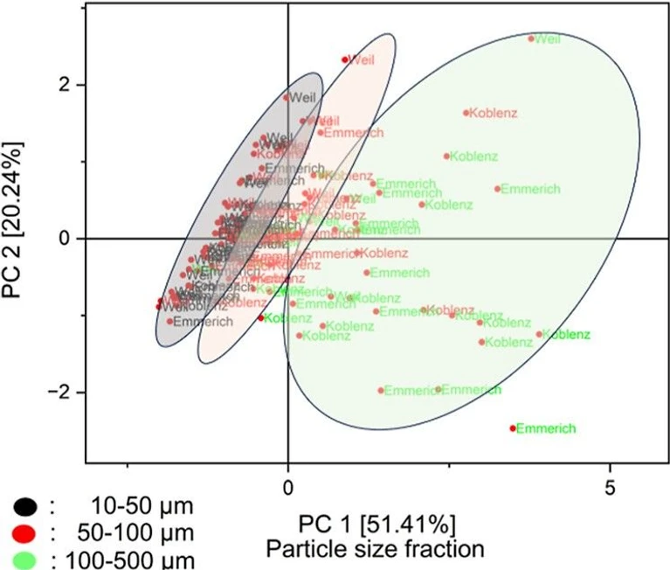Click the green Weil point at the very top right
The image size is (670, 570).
pyautogui.click(x=531, y=38)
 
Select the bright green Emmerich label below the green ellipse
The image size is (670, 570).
pyautogui.click(x=546, y=428)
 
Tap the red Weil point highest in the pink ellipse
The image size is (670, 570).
pyautogui.click(x=345, y=59)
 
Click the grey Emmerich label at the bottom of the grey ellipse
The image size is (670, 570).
pyautogui.click(x=204, y=322)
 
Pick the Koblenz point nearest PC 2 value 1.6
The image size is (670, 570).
pyautogui.click(x=466, y=113)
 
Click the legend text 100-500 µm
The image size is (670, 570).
pyautogui.click(x=130, y=559)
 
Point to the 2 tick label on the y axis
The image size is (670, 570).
pyautogui.click(x=66, y=85)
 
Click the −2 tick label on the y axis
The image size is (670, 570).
pyautogui.click(x=61, y=392)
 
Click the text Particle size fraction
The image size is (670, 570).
pyautogui.click(x=377, y=549)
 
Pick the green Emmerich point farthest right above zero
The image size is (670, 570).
pyautogui.click(x=497, y=189)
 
